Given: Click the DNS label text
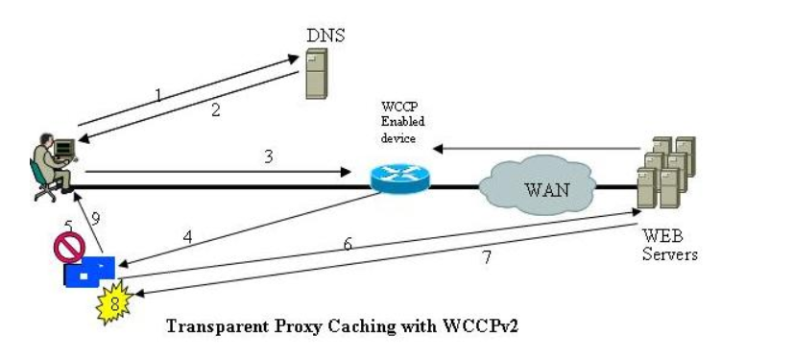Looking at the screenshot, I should point(325,36).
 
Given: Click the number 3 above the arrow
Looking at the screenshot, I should point(269,156).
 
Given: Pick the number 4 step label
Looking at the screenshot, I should point(188,234).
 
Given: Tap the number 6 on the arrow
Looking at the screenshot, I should point(348,244).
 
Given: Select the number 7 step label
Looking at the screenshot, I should point(486,259).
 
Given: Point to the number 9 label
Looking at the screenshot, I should point(95,219).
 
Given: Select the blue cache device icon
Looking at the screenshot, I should point(90,272).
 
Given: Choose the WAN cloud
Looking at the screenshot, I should point(544,185).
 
